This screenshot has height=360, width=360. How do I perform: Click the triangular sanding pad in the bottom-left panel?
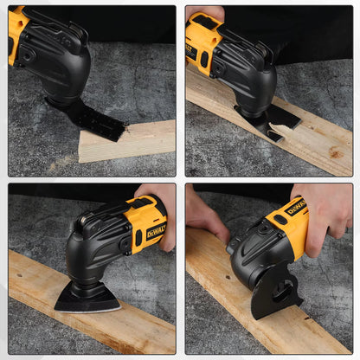[87, 299]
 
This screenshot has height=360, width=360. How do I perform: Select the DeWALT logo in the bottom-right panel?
[296, 209]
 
